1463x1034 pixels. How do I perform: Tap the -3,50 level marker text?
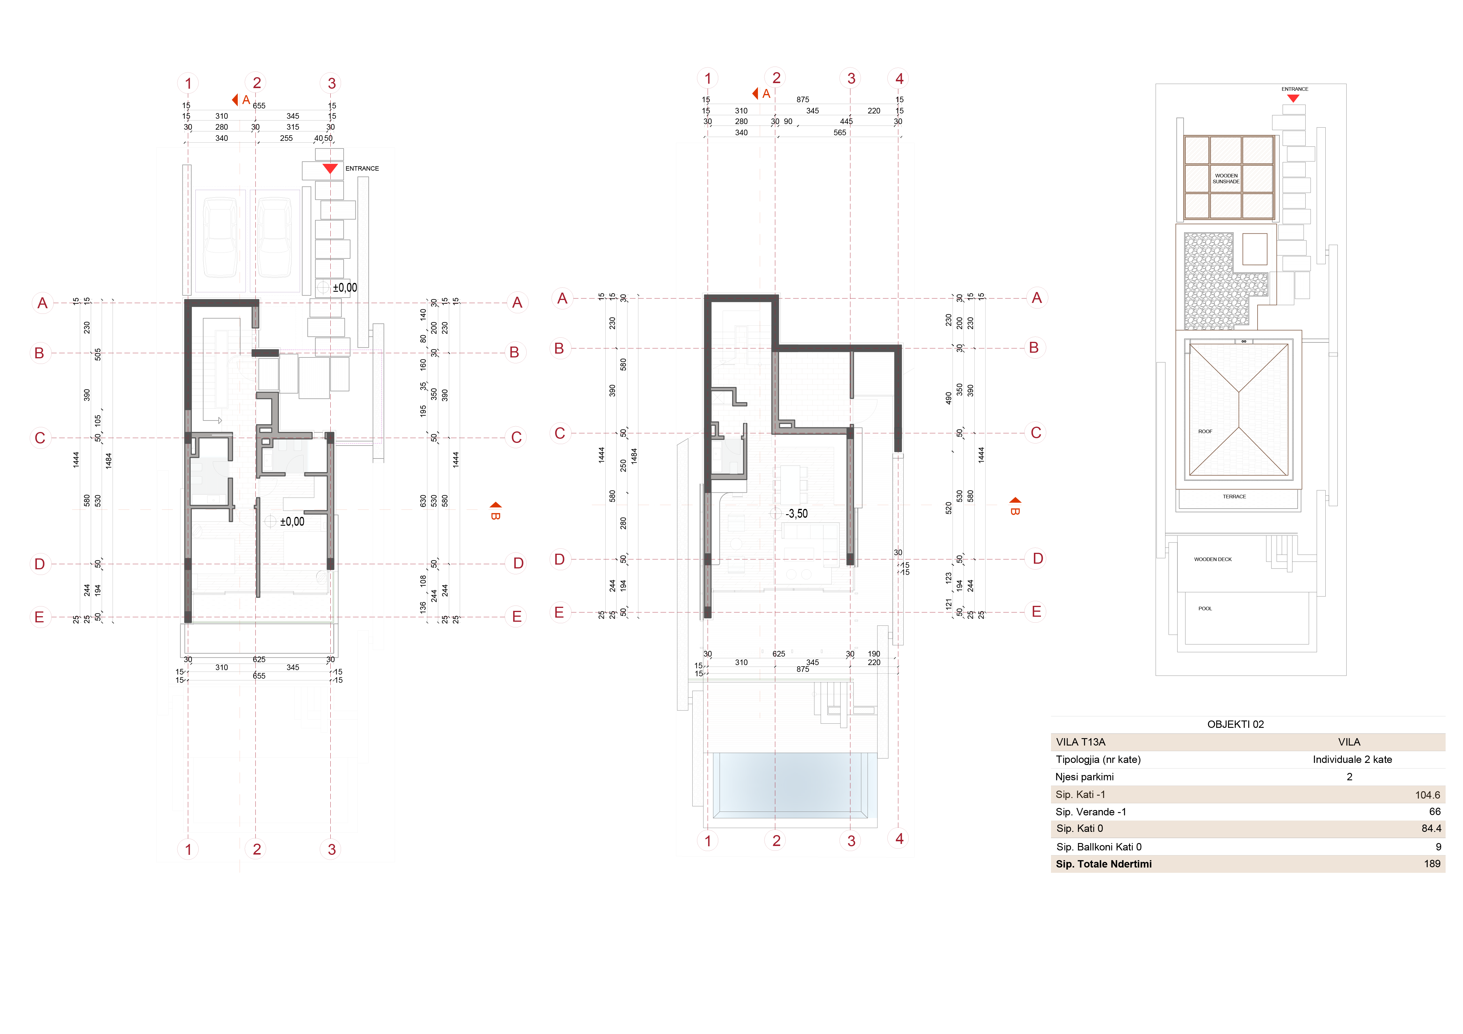(x=797, y=514)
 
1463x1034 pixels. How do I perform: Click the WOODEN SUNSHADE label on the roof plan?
(x=1226, y=178)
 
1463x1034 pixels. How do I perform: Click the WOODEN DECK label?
(x=1212, y=559)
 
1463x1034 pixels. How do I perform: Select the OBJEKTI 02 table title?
(x=1235, y=724)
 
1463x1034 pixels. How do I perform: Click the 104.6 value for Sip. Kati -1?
(x=1427, y=795)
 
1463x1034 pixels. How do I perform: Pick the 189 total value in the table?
(x=1432, y=864)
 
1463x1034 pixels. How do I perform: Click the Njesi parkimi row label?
(x=1085, y=777)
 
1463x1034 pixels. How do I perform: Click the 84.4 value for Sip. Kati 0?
(x=1431, y=828)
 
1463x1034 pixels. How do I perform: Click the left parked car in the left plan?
(x=220, y=237)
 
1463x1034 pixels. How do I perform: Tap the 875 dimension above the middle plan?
(x=802, y=99)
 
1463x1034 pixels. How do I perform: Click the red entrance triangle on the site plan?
(x=1293, y=98)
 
